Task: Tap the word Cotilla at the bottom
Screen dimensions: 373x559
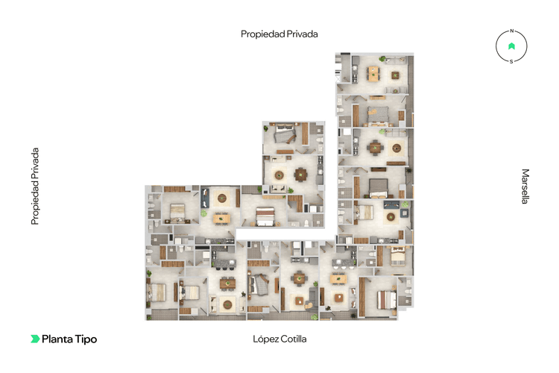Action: point(293,339)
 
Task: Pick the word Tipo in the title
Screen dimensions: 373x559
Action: point(86,339)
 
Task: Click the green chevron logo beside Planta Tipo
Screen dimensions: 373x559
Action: point(34,339)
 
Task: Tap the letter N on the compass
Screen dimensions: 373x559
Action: point(511,32)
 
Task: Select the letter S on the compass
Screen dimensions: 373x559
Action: point(511,61)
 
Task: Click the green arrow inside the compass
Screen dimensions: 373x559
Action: point(511,46)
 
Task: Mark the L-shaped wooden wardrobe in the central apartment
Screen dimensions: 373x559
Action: point(294,202)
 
